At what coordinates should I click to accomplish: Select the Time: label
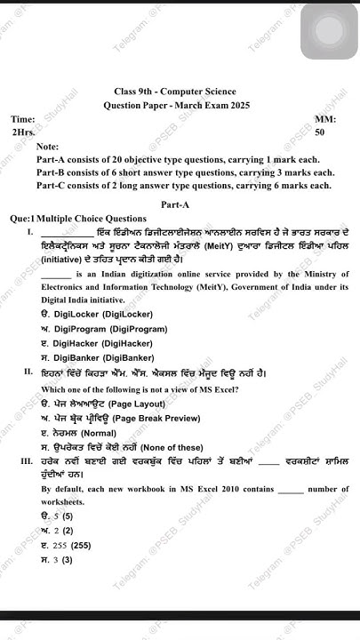[x=23, y=118]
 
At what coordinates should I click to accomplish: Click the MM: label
[x=325, y=118]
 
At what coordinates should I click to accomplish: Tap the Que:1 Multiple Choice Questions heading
[x=78, y=218]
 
